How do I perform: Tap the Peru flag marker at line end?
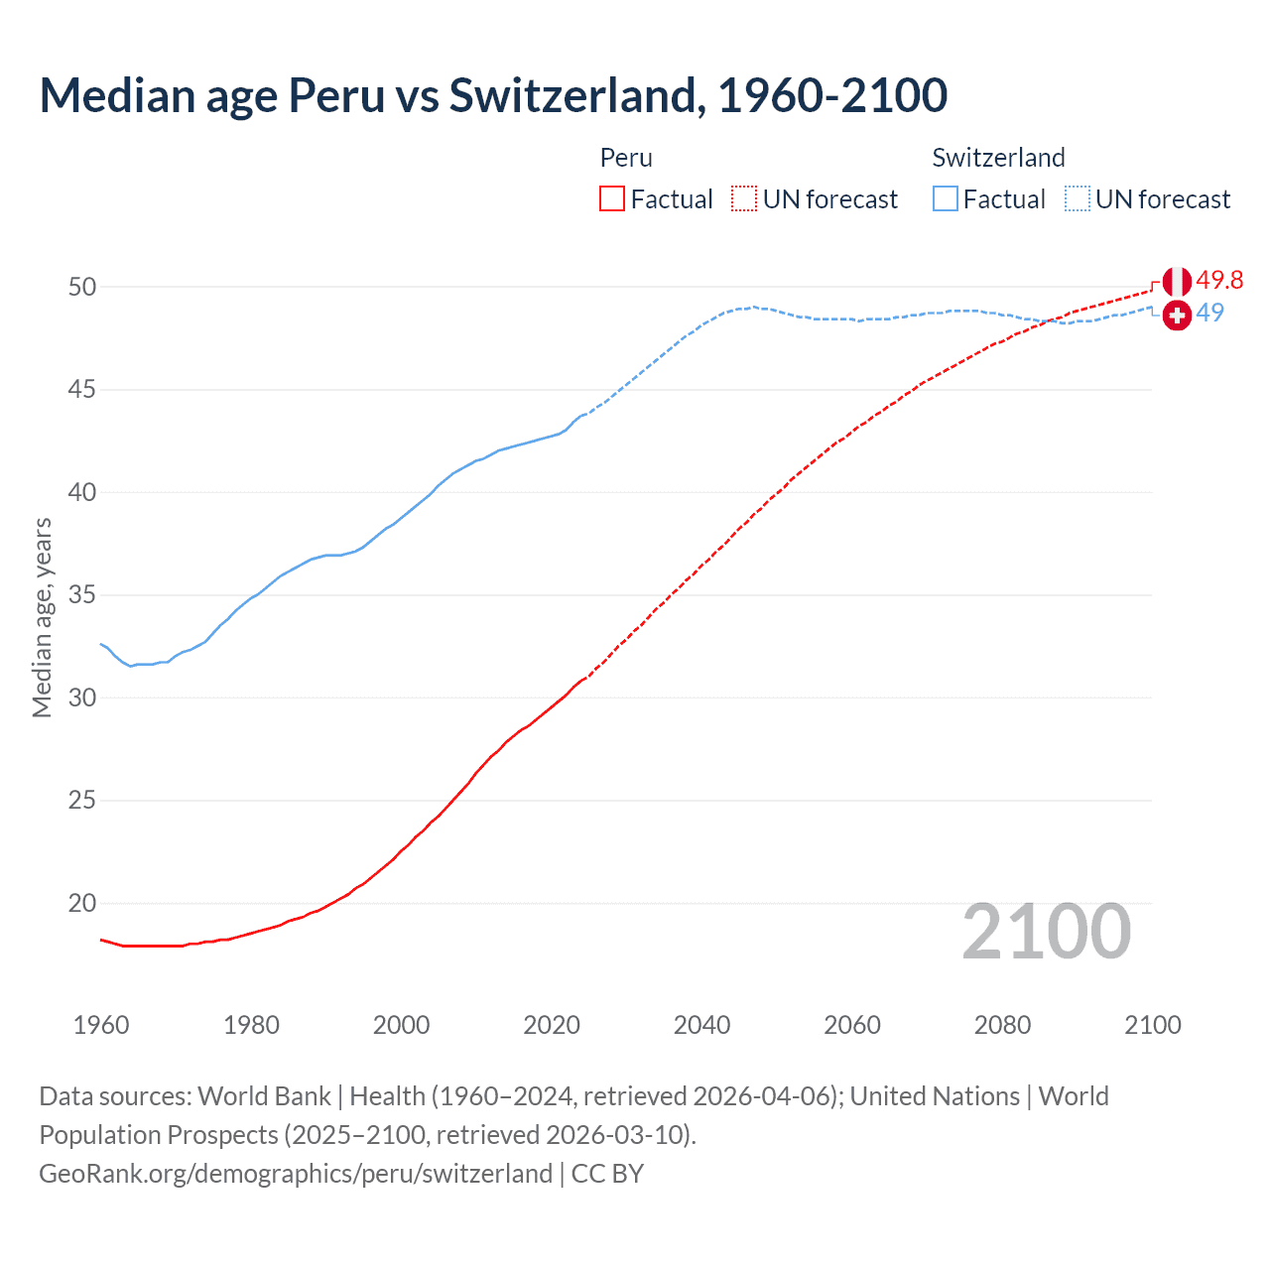[1177, 281]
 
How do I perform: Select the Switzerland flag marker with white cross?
[1177, 316]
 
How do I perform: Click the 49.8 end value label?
[1219, 281]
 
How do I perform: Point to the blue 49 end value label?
[1210, 313]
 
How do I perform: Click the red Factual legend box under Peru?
[612, 198]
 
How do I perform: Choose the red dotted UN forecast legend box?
[744, 198]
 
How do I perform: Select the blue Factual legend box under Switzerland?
[946, 198]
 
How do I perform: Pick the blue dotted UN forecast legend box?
[1078, 198]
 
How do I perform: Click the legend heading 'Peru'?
[626, 158]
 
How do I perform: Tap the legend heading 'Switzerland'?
[998, 158]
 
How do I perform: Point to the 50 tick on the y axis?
[82, 287]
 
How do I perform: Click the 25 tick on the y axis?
[82, 800]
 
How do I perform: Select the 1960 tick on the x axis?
[101, 1025]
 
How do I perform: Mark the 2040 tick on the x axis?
[701, 1025]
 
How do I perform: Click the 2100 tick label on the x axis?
[1152, 1025]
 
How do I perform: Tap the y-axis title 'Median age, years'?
[42, 617]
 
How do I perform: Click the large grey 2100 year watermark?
[1046, 931]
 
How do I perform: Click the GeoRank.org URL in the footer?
[296, 1174]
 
